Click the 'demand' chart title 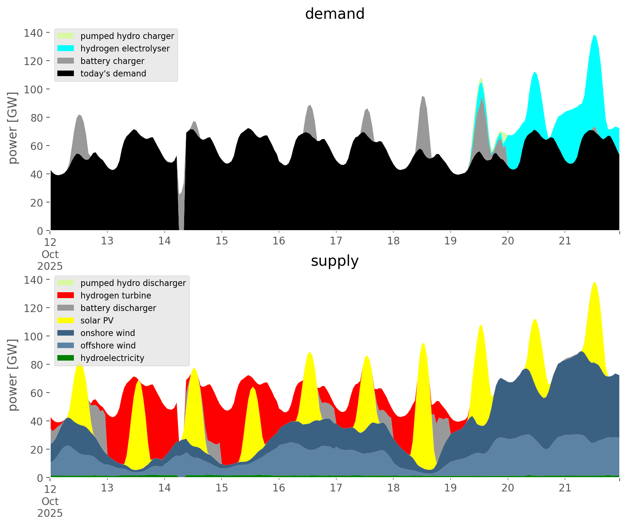pyautogui.click(x=334, y=14)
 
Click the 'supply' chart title pyautogui.click(x=334, y=261)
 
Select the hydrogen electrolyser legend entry pyautogui.click(x=125, y=49)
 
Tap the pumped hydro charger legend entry pyautogui.click(x=127, y=36)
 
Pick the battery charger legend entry pyautogui.click(x=112, y=61)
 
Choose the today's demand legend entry pyautogui.click(x=113, y=74)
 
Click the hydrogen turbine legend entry pyautogui.click(x=115, y=296)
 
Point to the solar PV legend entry pyautogui.click(x=97, y=321)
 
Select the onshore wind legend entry pyautogui.click(x=108, y=333)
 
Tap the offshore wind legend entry pyautogui.click(x=108, y=346)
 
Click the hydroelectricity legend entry pyautogui.click(x=112, y=358)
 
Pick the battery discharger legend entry pyautogui.click(x=118, y=308)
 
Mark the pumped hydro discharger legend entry pyautogui.click(x=133, y=283)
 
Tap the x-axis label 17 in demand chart pyautogui.click(x=336, y=241)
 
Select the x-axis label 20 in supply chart pyautogui.click(x=508, y=488)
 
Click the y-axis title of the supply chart pyautogui.click(x=13, y=375)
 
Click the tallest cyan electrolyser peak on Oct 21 pyautogui.click(x=594, y=36)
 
